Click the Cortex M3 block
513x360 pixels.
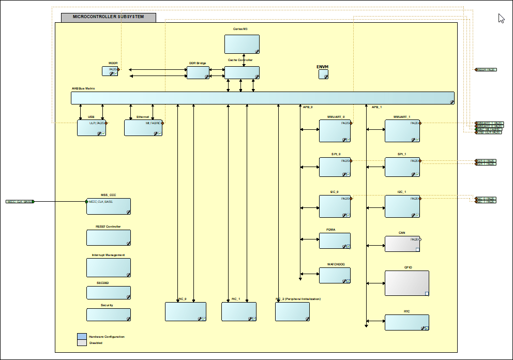pyautogui.click(x=242, y=44)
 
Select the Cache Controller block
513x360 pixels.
pyautogui.click(x=242, y=72)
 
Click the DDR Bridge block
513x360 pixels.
pyautogui.click(x=198, y=72)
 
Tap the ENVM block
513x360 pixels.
pyautogui.click(x=323, y=74)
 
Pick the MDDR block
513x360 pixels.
pyautogui.click(x=110, y=71)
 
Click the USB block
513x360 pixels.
pyautogui.click(x=92, y=128)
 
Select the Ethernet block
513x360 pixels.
pyautogui.click(x=143, y=128)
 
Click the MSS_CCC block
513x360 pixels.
pyautogui.click(x=108, y=206)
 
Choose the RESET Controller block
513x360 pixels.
pyautogui.click(x=108, y=237)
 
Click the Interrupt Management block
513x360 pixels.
pyautogui.click(x=108, y=267)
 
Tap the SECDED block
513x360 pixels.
pyautogui.click(x=108, y=293)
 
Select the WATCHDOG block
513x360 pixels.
pyautogui.click(x=335, y=275)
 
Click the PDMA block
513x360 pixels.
pyautogui.click(x=335, y=241)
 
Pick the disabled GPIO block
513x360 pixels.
pyautogui.click(x=406, y=283)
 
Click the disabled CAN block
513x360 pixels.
pyautogui.click(x=402, y=244)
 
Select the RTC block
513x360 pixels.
pyautogui.click(x=406, y=322)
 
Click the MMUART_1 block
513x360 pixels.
pyautogui.click(x=402, y=131)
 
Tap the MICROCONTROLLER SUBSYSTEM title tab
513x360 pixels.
pyautogui.click(x=108, y=17)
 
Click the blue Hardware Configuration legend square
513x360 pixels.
pyautogui.click(x=82, y=336)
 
